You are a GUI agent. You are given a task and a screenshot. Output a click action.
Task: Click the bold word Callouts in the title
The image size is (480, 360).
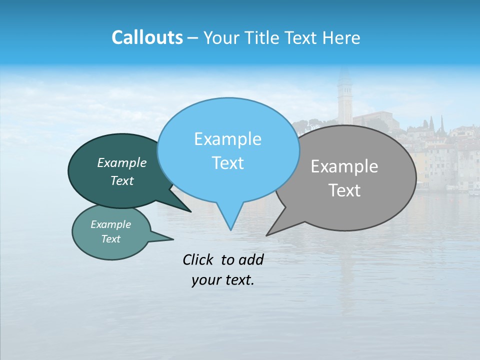[x=147, y=37]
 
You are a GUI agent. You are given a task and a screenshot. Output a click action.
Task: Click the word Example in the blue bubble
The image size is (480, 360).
[x=227, y=139]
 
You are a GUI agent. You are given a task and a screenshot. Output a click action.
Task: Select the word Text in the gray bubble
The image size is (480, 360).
[x=344, y=190]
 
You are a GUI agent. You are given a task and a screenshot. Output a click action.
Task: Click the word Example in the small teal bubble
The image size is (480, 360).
[x=110, y=224]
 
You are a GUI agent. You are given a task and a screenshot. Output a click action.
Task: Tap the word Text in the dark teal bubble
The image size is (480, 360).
[x=121, y=181]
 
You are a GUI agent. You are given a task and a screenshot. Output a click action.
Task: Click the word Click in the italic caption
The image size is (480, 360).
[x=198, y=259]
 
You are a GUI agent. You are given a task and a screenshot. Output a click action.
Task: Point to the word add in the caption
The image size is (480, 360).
[x=251, y=259]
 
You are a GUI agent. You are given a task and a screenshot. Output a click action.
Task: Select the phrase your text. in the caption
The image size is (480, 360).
[x=222, y=280]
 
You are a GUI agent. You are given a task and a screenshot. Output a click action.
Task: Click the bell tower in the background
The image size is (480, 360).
[x=344, y=100]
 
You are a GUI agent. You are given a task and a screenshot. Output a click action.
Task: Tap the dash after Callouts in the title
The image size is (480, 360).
[x=193, y=38]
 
